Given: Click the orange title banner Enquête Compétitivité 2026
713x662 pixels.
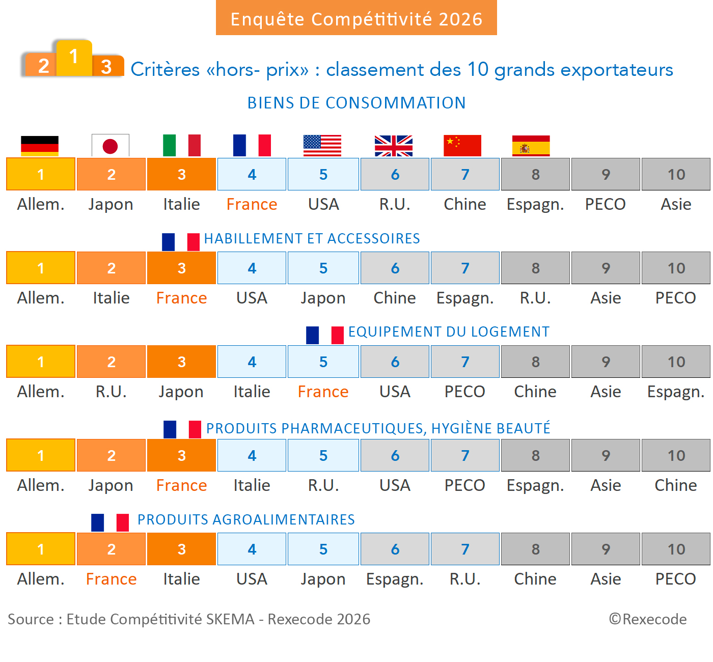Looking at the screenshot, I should click(356, 18).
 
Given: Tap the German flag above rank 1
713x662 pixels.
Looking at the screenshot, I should click(40, 146).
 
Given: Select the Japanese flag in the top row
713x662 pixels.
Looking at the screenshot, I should click(111, 146).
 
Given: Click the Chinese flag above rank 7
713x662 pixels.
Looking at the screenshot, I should click(462, 146).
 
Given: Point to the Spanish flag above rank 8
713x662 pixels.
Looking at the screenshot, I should click(531, 146).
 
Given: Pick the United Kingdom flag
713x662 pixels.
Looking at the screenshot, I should click(394, 146).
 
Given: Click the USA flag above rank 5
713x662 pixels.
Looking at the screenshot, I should click(322, 146).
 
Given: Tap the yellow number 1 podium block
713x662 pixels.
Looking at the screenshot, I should click(74, 57).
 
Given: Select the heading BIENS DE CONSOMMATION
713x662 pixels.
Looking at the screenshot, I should click(356, 103).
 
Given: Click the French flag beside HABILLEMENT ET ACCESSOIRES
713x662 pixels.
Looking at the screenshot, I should click(181, 241).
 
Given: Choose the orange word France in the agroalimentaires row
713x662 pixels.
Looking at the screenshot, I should click(111, 579).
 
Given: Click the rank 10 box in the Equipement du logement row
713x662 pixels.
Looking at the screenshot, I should click(676, 362).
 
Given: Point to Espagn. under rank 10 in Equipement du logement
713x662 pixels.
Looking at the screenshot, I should click(676, 392).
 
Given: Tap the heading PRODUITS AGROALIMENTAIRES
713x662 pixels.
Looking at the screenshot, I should click(246, 519).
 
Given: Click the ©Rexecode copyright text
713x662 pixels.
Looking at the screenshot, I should click(648, 619).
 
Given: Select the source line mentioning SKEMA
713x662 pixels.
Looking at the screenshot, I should click(189, 619).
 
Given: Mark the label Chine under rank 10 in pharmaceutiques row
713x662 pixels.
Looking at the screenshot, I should click(676, 485).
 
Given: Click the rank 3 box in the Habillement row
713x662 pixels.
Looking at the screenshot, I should click(181, 268).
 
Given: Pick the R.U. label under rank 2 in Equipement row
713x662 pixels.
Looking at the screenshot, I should click(111, 392).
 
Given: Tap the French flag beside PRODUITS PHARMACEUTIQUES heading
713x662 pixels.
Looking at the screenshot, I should click(182, 429).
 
